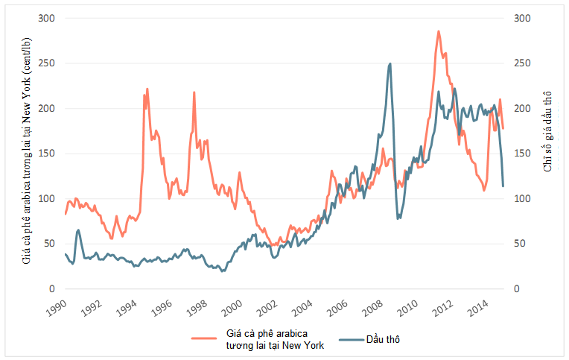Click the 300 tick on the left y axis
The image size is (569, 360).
(46, 18)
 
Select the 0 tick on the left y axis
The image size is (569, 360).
(52, 289)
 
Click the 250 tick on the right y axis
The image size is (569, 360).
(523, 63)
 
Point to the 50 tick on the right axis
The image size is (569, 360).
(521, 244)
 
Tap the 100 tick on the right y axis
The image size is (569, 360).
(523, 199)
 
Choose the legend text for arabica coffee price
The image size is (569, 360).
(276, 339)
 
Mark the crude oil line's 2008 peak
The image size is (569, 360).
(390, 64)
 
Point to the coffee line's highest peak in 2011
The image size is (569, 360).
(439, 31)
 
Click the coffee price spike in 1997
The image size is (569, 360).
(194, 92)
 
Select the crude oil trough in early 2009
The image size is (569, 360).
(398, 218)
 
